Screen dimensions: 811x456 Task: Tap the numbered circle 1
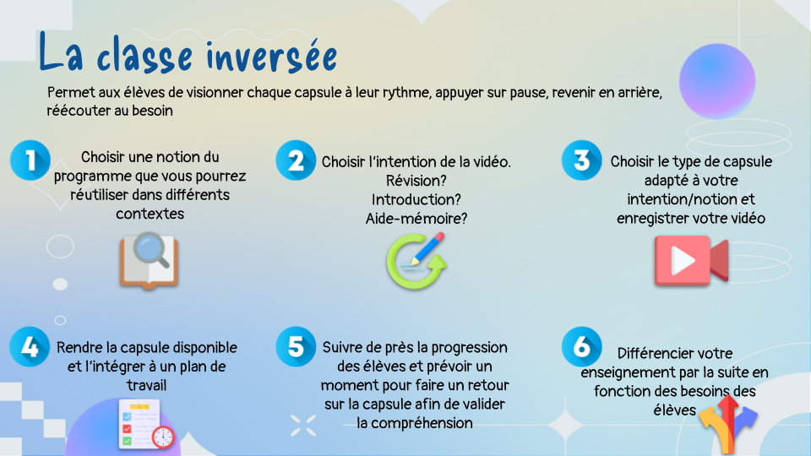(30, 160)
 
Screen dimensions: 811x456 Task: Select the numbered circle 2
(296, 160)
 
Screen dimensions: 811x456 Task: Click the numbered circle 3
(582, 160)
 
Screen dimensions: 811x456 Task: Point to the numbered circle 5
(296, 347)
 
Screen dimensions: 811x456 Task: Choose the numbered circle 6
(582, 347)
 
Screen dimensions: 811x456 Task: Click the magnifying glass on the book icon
(152, 250)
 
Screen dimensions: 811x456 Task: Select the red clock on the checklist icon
(163, 437)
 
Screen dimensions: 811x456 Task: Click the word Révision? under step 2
(416, 181)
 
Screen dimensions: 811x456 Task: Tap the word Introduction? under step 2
(416, 199)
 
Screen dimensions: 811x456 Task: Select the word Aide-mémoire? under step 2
(416, 219)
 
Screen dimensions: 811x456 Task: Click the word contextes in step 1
(150, 214)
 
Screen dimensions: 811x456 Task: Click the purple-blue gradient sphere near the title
(717, 82)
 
